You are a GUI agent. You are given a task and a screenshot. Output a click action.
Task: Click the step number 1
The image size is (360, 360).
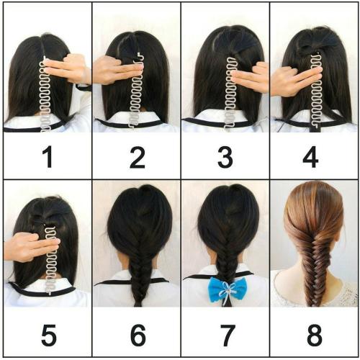click(48, 158)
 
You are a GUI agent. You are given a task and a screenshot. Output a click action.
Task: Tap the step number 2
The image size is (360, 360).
click(138, 158)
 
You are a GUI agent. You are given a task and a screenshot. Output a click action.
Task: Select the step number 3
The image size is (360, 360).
click(225, 158)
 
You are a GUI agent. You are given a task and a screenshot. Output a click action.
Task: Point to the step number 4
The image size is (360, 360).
click(310, 158)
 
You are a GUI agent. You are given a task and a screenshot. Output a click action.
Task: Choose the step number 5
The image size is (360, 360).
click(49, 335)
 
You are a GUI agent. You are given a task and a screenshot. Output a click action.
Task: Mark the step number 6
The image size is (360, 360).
click(138, 335)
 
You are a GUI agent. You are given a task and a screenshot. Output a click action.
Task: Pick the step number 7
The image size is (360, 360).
click(228, 335)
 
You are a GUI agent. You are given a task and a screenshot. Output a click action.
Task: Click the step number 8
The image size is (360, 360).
click(315, 335)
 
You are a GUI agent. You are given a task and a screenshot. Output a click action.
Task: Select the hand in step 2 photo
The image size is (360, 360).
click(115, 71)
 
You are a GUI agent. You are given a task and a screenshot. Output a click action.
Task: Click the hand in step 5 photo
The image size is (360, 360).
click(30, 247)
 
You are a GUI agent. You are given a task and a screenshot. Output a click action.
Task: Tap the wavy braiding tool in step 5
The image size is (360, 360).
click(51, 261)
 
